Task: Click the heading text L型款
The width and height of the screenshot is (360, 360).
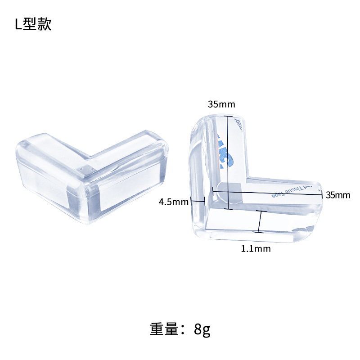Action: click(33, 24)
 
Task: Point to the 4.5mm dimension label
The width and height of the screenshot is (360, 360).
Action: click(173, 202)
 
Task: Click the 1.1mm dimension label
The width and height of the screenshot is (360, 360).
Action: click(256, 248)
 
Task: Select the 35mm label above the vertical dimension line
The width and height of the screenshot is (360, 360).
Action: click(221, 104)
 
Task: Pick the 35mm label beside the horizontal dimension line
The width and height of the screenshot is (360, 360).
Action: click(338, 195)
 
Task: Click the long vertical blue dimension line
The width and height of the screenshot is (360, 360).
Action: click(228, 162)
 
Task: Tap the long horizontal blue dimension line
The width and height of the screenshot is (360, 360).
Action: click(267, 192)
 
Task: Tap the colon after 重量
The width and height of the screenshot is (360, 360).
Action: click(186, 330)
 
